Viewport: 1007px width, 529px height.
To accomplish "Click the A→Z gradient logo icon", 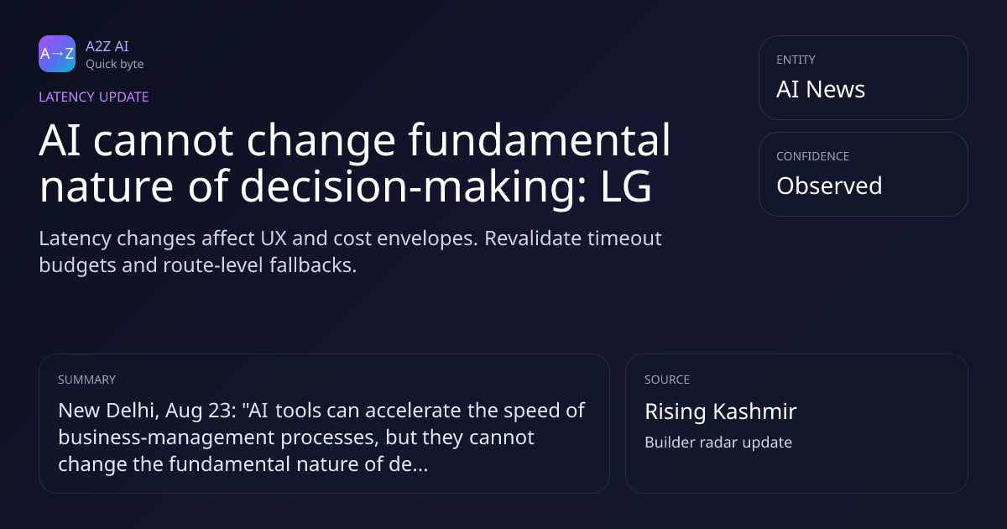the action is [x=57, y=54].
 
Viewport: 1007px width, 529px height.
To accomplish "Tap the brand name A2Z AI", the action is [x=107, y=46].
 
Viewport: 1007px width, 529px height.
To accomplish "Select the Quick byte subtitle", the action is [x=115, y=65].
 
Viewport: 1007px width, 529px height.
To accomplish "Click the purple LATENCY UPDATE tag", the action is [x=93, y=97].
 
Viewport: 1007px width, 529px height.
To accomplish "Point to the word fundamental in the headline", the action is [x=540, y=140].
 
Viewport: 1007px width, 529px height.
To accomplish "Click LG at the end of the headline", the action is [x=626, y=186].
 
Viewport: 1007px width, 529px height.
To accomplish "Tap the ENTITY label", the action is [x=796, y=60].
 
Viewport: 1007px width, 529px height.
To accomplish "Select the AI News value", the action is [x=821, y=89].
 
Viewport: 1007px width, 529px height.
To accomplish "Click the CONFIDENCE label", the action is [x=813, y=156].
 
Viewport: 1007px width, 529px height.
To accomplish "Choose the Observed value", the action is [x=829, y=186].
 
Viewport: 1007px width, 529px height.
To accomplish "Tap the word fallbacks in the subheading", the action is [x=313, y=265].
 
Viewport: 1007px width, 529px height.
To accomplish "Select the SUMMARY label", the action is [x=86, y=380].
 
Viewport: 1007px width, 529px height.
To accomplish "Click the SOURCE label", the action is [x=667, y=380].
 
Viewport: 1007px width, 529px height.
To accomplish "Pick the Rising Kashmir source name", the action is [x=721, y=411].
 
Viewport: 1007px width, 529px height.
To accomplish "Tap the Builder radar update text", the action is [x=718, y=443].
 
